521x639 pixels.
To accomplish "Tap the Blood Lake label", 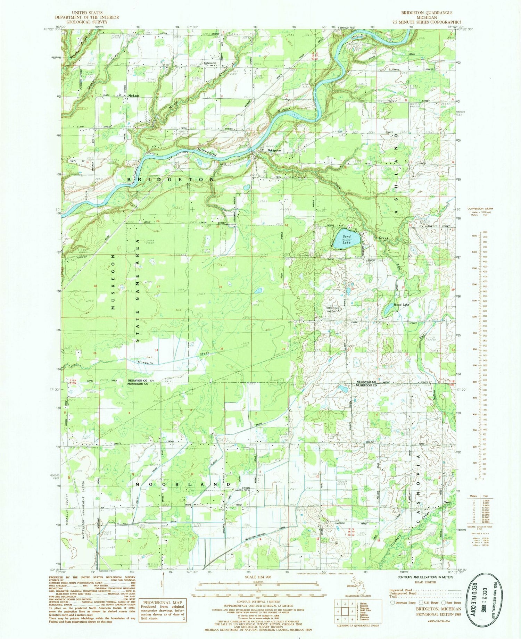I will (x=401, y=305).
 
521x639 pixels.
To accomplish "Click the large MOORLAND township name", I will (x=180, y=484).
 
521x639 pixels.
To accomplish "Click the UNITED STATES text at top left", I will (x=86, y=13).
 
